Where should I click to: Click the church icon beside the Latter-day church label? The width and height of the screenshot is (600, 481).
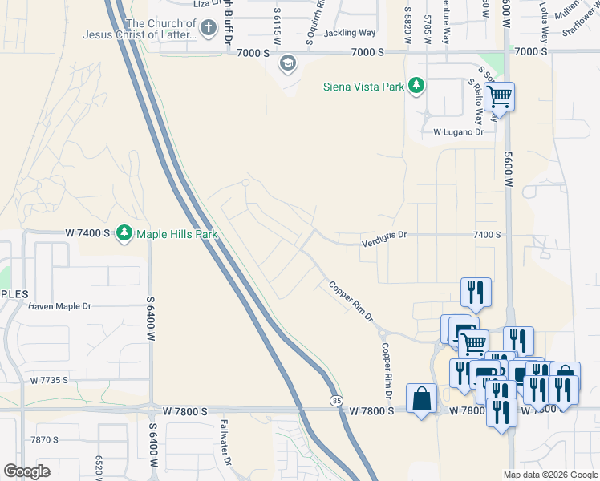coord(208,30)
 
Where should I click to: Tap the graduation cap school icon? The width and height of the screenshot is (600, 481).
coord(287,63)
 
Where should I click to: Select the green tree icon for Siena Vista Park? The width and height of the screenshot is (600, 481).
coord(416,86)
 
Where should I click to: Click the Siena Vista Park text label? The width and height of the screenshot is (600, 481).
coord(363,87)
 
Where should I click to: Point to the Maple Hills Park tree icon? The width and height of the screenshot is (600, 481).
coord(124,233)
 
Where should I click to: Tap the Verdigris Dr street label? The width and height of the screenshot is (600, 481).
coord(385,235)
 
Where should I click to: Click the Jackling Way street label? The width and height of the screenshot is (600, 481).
coord(350,33)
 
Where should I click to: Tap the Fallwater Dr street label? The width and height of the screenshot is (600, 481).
coord(226,444)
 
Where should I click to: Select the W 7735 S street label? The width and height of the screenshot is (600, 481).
coord(58,381)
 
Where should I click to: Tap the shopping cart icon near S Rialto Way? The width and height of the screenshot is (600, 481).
coord(499,97)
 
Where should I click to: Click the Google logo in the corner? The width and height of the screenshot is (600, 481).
coord(26,471)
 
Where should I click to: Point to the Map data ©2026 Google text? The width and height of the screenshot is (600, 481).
coord(549,475)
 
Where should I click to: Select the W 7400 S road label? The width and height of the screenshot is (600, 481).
coord(87,233)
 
